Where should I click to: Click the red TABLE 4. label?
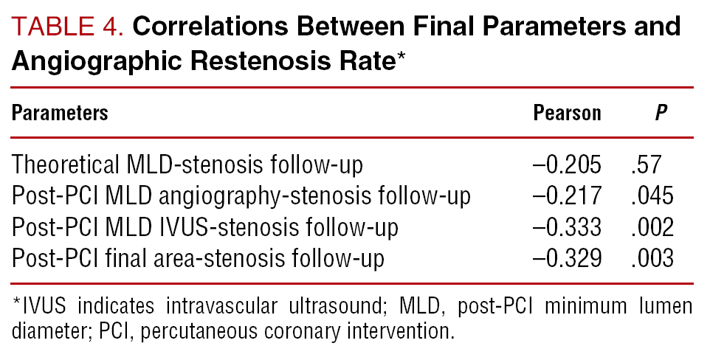point(68,27)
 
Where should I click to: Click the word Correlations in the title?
point(210,27)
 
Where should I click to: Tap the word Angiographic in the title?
point(95,62)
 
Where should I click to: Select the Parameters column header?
point(60,113)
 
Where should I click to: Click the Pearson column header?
point(567,113)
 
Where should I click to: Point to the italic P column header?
point(661,113)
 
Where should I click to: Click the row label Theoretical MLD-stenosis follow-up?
point(187,165)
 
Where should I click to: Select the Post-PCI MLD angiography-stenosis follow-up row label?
point(241,196)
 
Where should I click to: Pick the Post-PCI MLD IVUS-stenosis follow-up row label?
point(205,227)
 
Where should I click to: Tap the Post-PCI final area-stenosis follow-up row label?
point(198,259)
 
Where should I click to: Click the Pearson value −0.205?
point(567,165)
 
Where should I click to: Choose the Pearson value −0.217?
point(567,196)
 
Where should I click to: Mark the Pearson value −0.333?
point(567,227)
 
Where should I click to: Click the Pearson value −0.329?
point(567,259)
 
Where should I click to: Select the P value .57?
point(647,165)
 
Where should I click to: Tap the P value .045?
point(652,196)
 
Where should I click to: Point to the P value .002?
point(652,227)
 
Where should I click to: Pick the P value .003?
point(652,259)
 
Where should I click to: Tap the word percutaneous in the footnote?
point(198,332)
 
